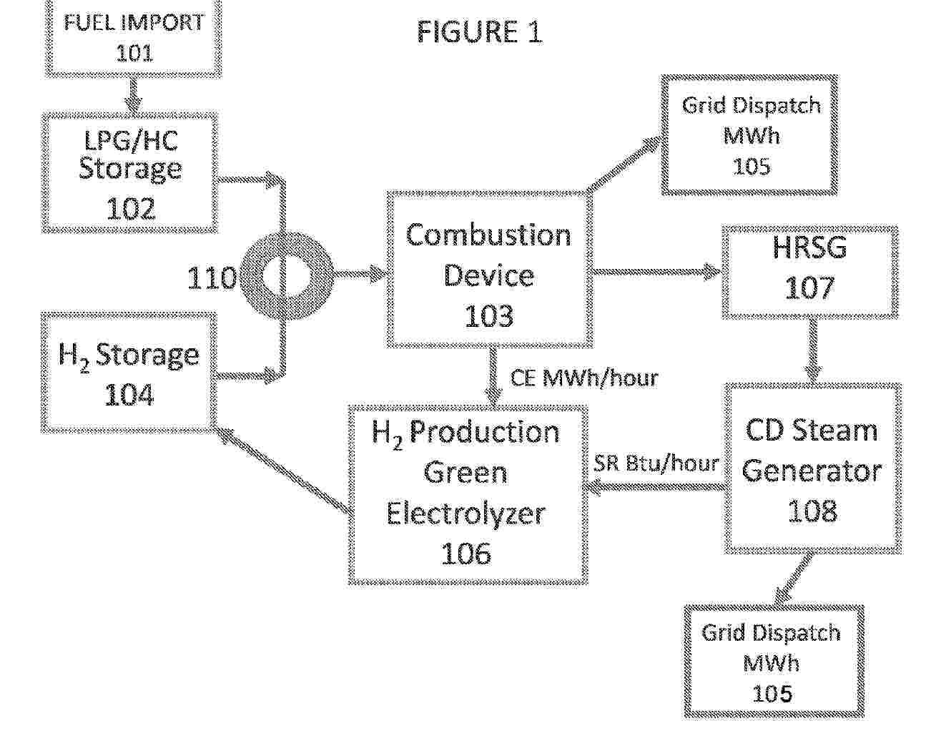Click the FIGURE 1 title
[479, 32]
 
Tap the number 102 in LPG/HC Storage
[130, 208]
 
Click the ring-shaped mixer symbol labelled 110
[287, 275]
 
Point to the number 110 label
[212, 278]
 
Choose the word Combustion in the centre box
[488, 235]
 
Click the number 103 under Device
[489, 315]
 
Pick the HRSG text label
[809, 247]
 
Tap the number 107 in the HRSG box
[809, 288]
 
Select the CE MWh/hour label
[584, 378]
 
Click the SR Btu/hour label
[656, 463]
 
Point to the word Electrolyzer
[466, 514]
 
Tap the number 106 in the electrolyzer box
[466, 553]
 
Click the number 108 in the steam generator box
[812, 511]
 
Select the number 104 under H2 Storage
[129, 395]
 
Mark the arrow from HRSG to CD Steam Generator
[813, 350]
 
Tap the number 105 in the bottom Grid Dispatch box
[772, 693]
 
